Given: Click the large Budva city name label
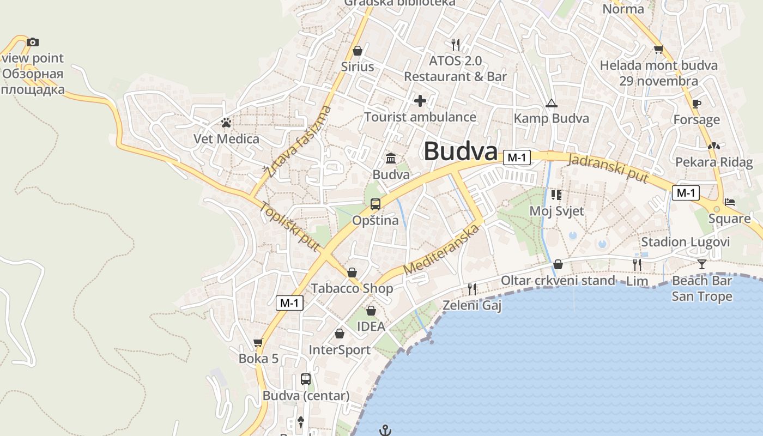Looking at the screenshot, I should click(x=461, y=151).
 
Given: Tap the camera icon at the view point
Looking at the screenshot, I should click(x=33, y=42).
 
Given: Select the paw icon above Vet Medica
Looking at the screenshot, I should click(x=226, y=123).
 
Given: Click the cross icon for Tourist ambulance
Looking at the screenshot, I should click(x=420, y=101).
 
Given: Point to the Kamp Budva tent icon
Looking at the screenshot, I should click(x=551, y=103).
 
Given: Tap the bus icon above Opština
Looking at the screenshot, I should click(x=376, y=204).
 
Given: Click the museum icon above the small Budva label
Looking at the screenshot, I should click(x=391, y=159).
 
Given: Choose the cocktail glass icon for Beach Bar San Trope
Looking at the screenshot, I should click(x=701, y=264).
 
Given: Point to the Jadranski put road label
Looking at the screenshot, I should click(x=608, y=168).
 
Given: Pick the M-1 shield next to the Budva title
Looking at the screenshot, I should click(x=516, y=158).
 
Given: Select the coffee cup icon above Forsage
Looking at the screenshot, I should click(x=696, y=104).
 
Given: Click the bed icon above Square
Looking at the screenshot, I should click(x=730, y=202).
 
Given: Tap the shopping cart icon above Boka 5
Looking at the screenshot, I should click(x=258, y=342).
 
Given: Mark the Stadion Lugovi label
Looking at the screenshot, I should click(x=685, y=241).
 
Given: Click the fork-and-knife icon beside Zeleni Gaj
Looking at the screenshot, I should click(x=472, y=289).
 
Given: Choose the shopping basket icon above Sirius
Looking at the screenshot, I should click(x=358, y=51).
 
